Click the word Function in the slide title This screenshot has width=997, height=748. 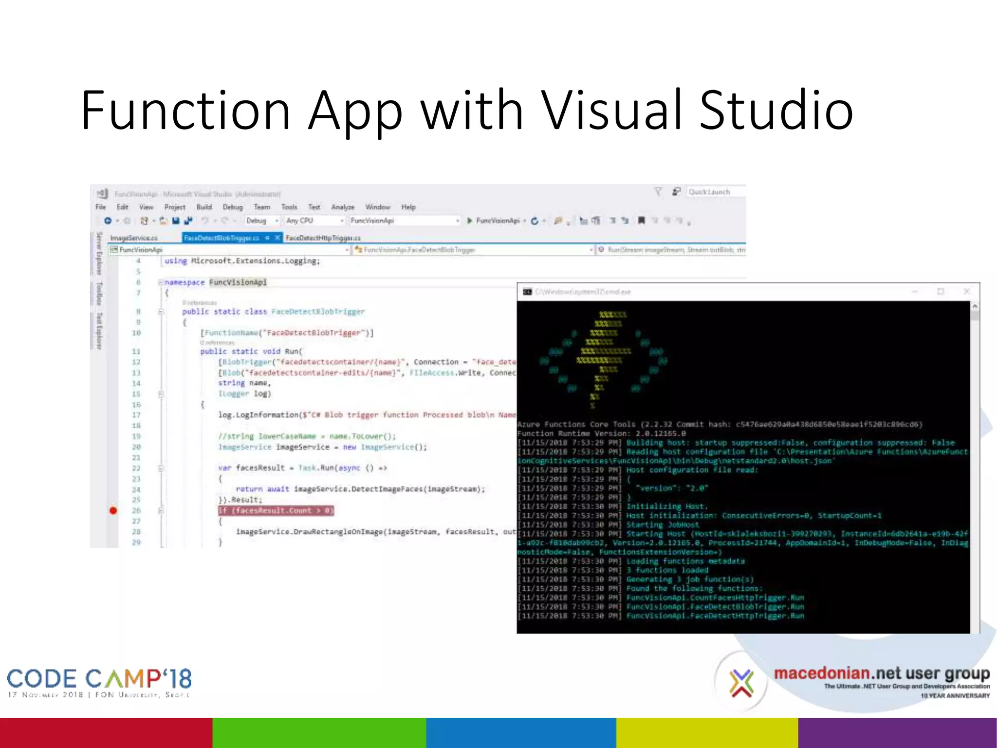click(185, 111)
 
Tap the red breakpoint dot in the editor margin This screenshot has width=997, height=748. click(113, 510)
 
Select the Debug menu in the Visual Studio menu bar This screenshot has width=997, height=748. click(232, 207)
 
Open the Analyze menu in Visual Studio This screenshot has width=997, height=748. click(343, 207)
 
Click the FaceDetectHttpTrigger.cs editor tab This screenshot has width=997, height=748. click(323, 238)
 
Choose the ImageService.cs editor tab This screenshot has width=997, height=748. click(133, 238)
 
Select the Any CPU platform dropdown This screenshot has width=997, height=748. click(314, 221)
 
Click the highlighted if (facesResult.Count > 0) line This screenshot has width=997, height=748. click(276, 510)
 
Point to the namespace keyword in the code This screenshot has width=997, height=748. click(185, 282)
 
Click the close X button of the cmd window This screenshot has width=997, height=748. click(966, 291)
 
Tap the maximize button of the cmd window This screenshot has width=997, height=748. click(941, 291)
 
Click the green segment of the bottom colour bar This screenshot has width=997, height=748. click(319, 733)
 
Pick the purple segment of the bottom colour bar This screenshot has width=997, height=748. click(897, 733)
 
